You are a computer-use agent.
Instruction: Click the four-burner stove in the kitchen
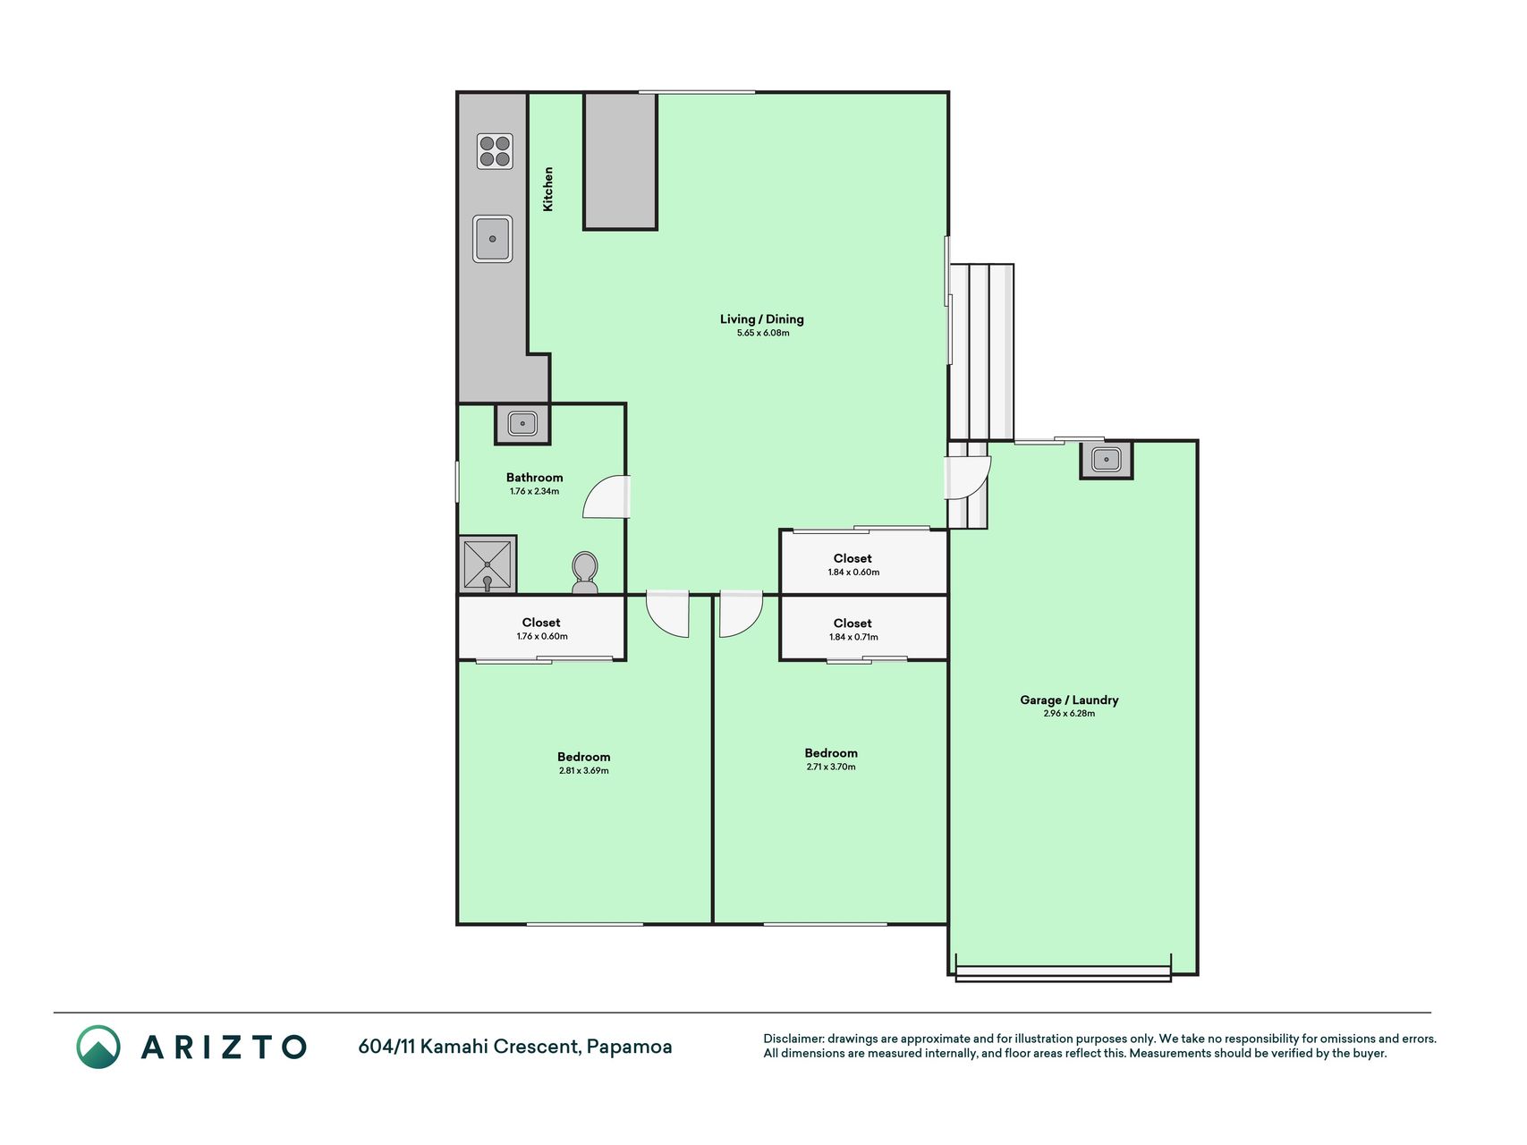point(495,151)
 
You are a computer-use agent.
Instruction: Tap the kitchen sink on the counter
point(493,239)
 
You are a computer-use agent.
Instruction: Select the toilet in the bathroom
point(585,572)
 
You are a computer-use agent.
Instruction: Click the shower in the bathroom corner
point(488,564)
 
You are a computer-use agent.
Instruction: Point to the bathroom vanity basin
point(522,423)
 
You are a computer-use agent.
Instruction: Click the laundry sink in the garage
point(1107,460)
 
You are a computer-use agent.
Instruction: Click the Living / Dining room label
point(762,319)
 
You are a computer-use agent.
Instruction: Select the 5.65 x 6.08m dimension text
point(763,333)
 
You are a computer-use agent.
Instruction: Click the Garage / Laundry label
point(1069,700)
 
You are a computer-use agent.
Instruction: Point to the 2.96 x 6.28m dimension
point(1069,714)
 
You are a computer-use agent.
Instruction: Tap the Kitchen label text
point(548,189)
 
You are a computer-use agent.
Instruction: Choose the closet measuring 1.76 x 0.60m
point(541,628)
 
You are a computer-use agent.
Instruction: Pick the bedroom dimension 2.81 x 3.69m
point(583,770)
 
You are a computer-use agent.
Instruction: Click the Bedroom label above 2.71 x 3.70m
point(831,753)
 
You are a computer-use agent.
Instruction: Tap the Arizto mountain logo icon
point(98,1047)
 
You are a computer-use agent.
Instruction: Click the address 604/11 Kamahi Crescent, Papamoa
point(515,1047)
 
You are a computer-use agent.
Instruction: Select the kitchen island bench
point(621,161)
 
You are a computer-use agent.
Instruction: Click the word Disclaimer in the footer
point(793,1039)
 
